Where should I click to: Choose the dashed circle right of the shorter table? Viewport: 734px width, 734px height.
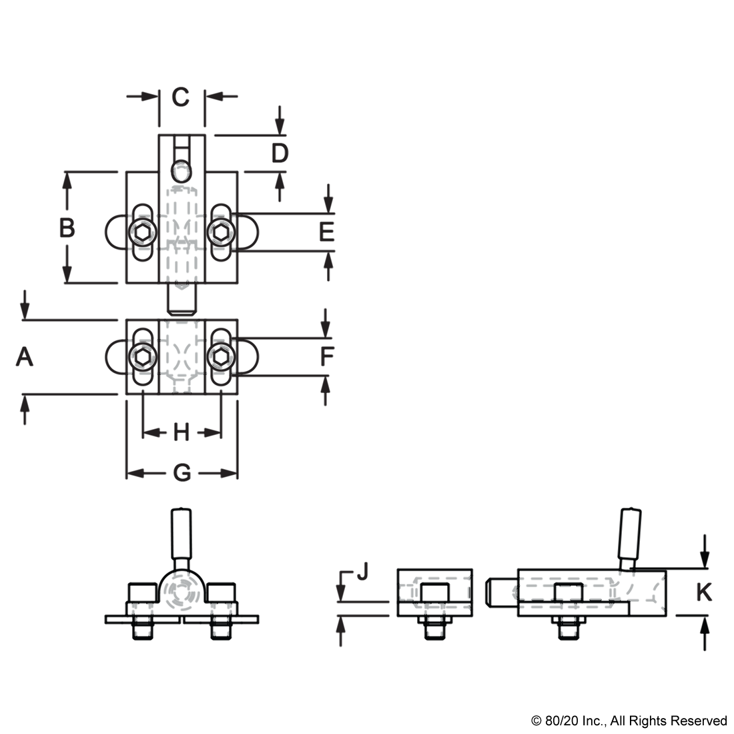pyautogui.click(x=221, y=356)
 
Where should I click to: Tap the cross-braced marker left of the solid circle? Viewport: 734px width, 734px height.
pyautogui.click(x=141, y=618)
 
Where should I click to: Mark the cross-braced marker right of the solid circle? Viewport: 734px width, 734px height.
pyautogui.click(x=222, y=618)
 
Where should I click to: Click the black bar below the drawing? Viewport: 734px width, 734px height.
pyautogui.click(x=628, y=721)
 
